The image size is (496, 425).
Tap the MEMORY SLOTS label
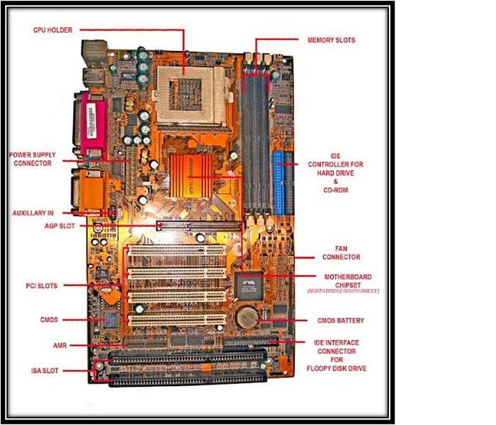331,40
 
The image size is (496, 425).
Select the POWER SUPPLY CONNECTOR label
33,159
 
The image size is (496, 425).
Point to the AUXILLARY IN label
33,212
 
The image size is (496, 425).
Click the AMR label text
60,346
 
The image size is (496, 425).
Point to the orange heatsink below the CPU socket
193,174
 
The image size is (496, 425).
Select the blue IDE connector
279,183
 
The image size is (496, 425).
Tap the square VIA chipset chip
253,285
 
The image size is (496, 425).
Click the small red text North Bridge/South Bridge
343,291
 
